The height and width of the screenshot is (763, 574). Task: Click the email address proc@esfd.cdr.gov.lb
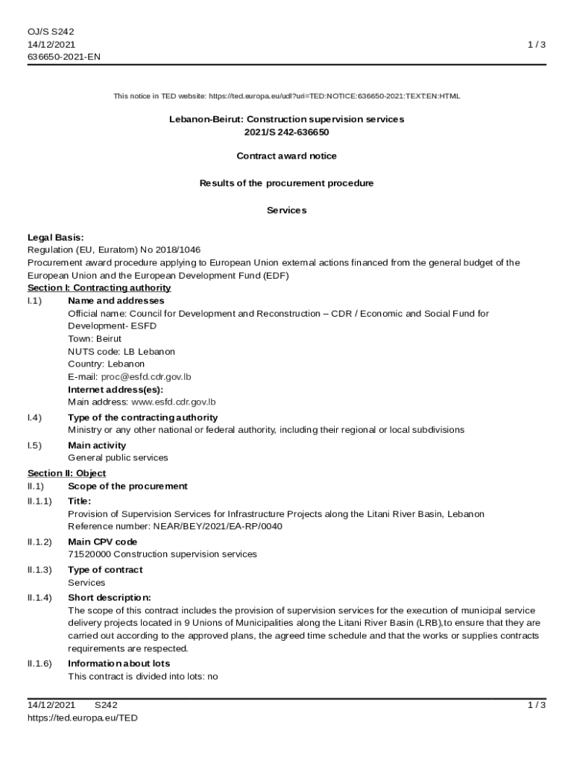(x=146, y=376)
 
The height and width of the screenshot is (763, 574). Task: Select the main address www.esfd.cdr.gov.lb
(x=173, y=402)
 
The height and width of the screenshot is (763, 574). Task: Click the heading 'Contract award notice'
(x=286, y=156)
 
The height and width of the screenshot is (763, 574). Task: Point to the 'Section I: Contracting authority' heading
(x=99, y=288)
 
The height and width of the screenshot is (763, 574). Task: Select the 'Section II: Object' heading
(x=66, y=473)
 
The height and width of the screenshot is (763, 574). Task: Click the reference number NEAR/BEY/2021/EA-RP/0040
(x=217, y=527)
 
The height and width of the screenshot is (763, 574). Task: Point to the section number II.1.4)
(x=40, y=598)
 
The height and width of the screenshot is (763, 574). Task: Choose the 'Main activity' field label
(x=97, y=446)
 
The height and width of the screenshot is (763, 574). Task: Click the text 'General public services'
(x=118, y=458)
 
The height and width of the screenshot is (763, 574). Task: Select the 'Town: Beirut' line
(x=95, y=338)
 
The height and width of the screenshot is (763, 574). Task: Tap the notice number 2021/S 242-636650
(x=286, y=132)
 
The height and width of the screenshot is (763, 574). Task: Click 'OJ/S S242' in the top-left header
(x=51, y=31)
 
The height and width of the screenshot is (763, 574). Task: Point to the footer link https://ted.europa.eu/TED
(x=83, y=718)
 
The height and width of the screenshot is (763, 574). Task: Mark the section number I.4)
(x=34, y=417)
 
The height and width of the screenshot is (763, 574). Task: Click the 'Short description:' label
(x=110, y=598)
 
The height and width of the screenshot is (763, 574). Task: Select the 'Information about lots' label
(x=119, y=663)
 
